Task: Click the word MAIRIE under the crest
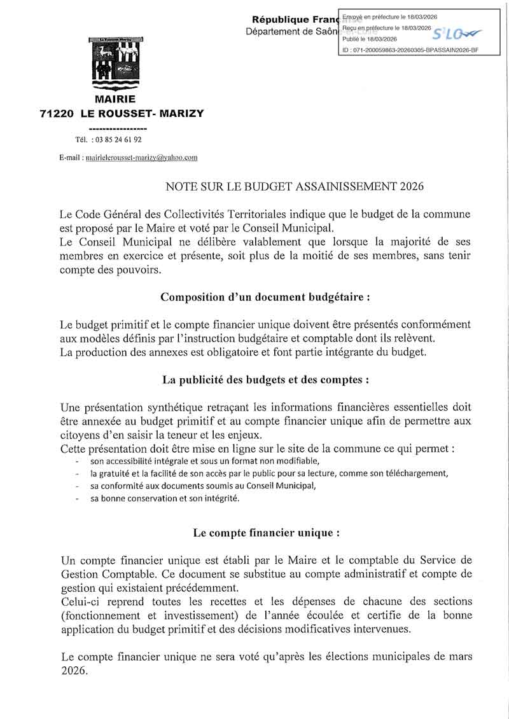[115, 99]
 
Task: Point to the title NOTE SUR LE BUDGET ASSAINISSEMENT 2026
[294, 186]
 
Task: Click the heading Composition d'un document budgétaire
[265, 297]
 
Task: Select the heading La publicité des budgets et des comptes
[265, 380]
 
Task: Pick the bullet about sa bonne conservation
[165, 499]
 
